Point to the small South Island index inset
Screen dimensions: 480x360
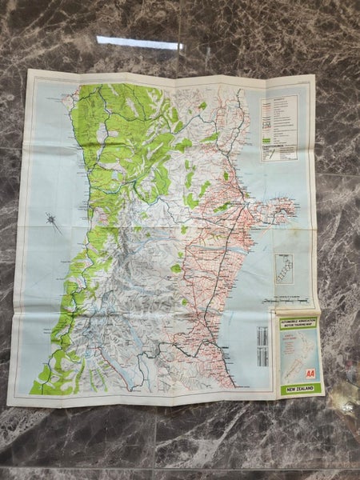point(284,269)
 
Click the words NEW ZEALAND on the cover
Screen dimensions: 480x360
point(298,389)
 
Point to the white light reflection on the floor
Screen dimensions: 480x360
point(140,42)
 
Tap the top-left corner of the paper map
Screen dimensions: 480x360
point(29,70)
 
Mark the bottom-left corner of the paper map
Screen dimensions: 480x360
point(9,404)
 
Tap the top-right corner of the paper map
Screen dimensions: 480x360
point(314,76)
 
